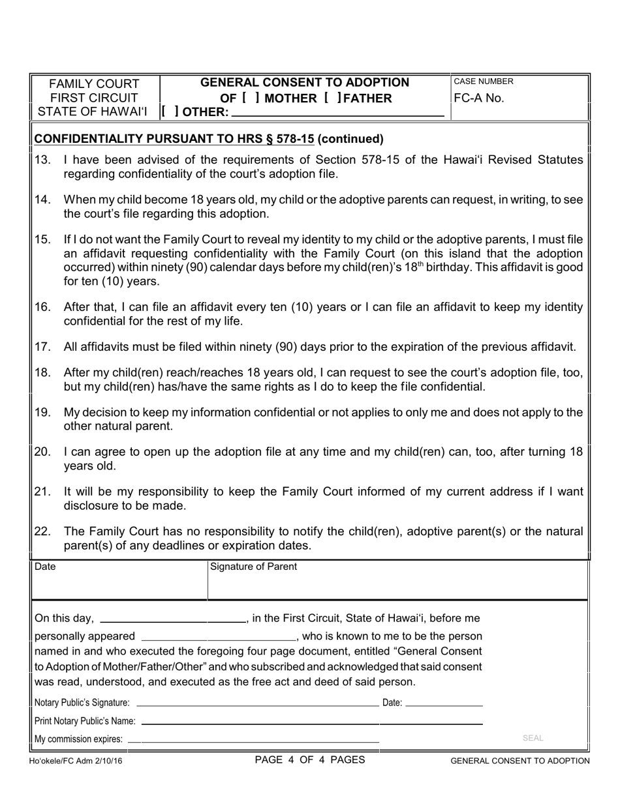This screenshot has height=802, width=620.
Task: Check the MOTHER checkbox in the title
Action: [x=251, y=98]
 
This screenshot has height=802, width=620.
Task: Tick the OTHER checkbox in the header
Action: [x=170, y=112]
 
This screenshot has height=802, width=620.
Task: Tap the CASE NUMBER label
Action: [x=484, y=82]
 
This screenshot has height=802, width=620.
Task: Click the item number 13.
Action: [x=42, y=160]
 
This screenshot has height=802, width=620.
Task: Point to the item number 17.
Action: [x=42, y=347]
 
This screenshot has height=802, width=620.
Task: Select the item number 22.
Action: [x=42, y=532]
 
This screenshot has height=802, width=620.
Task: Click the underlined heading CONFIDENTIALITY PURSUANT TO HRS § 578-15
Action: [x=174, y=139]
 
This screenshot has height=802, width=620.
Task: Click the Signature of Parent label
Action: [x=253, y=567]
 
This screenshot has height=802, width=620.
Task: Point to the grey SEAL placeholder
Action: [x=533, y=738]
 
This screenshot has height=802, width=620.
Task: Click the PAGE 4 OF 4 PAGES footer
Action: [x=310, y=760]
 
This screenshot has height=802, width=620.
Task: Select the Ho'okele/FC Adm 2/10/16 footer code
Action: [x=76, y=761]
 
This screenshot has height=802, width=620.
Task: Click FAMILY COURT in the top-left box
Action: [x=95, y=84]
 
